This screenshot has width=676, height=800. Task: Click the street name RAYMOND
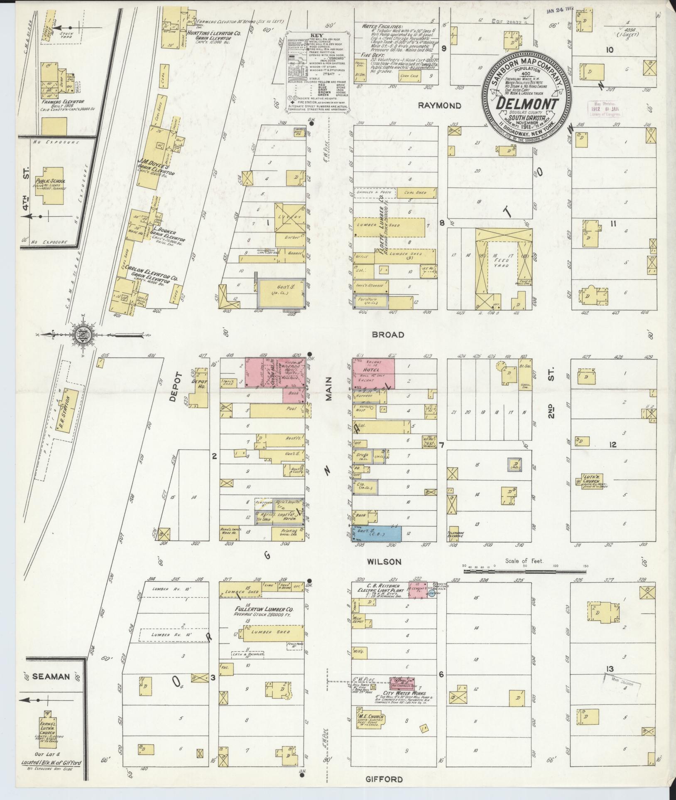click(439, 106)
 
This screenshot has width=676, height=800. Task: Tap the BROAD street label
click(388, 335)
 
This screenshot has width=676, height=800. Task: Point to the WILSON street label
click(385, 562)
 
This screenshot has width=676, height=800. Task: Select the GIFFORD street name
click(384, 779)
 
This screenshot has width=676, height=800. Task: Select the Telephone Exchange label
click(455, 535)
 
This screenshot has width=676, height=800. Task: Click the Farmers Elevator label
click(62, 101)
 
